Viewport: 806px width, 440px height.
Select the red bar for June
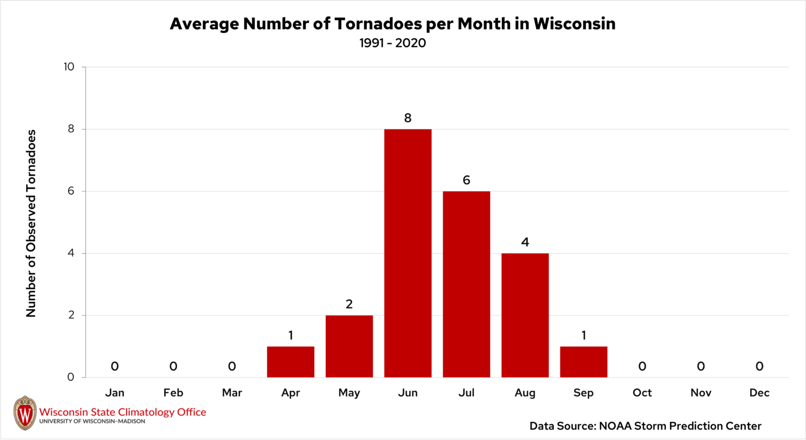click(x=408, y=253)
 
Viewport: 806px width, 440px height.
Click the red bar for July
click(x=466, y=284)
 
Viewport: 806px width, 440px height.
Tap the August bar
click(x=525, y=316)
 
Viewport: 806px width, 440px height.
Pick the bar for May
click(x=349, y=347)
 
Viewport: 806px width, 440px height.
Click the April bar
click(x=290, y=362)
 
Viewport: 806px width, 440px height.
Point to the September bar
click(x=584, y=362)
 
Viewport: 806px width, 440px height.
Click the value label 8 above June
click(x=408, y=118)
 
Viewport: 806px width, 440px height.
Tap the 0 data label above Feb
click(x=173, y=366)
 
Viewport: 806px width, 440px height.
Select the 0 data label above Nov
click(x=701, y=366)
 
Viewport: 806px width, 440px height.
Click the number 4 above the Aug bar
click(x=525, y=242)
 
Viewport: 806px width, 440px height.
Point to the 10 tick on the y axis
click(x=69, y=67)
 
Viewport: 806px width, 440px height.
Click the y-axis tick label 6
click(x=71, y=191)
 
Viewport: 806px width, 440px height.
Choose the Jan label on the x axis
click(x=114, y=392)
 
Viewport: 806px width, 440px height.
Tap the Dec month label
click(x=759, y=392)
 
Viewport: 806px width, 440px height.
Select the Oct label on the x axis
click(x=642, y=392)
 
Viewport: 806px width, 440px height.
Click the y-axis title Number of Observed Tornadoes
click(x=31, y=223)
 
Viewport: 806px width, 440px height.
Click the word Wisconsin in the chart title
click(x=574, y=24)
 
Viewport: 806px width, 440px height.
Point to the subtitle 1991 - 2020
click(x=393, y=43)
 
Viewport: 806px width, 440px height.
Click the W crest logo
click(x=25, y=413)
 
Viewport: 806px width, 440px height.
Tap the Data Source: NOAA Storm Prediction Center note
click(x=645, y=426)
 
